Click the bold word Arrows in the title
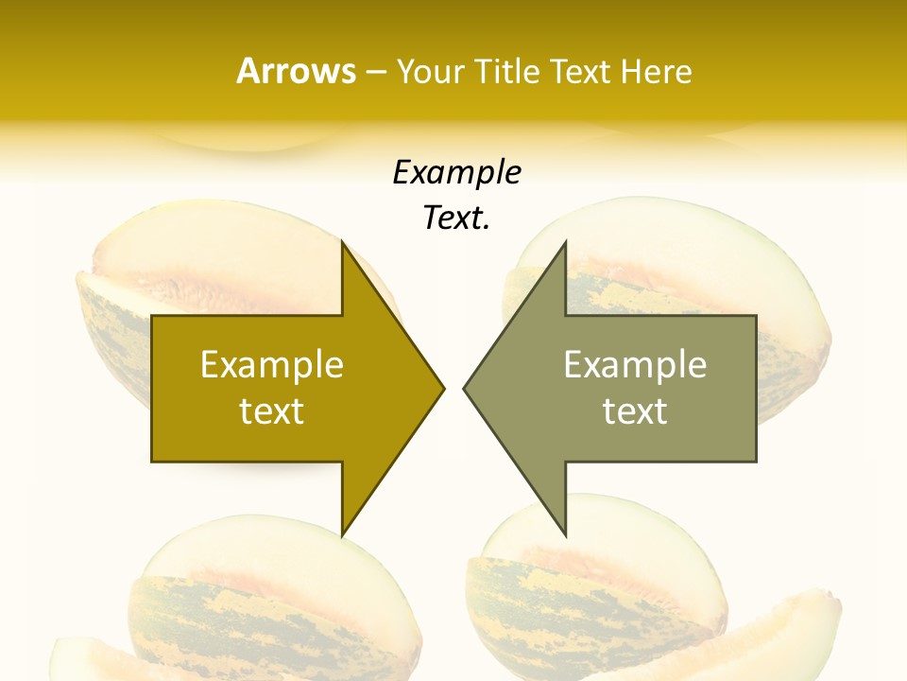point(296,71)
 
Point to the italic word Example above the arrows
point(456,173)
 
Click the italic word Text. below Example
point(456,218)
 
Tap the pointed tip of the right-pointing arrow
point(442,388)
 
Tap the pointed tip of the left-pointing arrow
point(466,388)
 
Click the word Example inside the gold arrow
point(272,365)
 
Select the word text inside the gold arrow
point(272,411)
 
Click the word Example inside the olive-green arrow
point(635,365)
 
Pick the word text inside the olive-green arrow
point(635,411)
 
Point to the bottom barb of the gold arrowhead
point(344,531)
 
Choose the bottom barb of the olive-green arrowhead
point(563,531)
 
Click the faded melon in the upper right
point(718,255)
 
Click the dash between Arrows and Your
point(376,72)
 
